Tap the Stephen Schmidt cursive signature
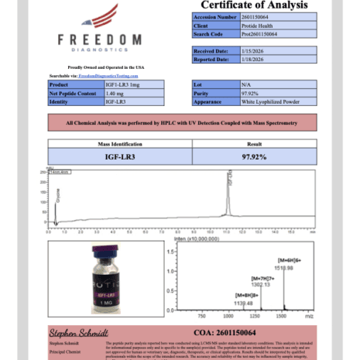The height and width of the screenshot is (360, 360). [x=77, y=334]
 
